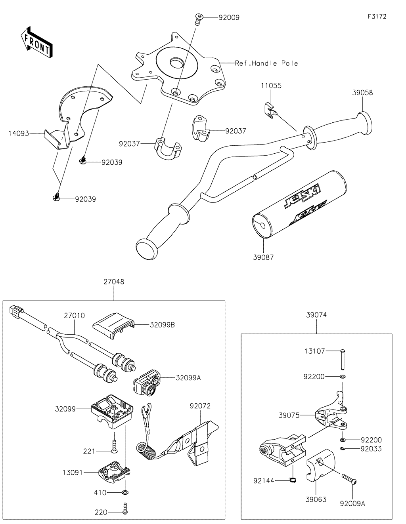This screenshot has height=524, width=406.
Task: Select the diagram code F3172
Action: coord(377,17)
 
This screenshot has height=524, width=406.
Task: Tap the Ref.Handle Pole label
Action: coord(266,63)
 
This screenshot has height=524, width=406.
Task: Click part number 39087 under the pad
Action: coord(263,257)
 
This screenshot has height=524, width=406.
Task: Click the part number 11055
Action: coord(271,86)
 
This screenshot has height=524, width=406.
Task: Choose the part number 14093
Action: coord(19,133)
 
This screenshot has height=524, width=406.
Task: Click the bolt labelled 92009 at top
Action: coord(198,18)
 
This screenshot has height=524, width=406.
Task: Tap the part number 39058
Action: coord(362,93)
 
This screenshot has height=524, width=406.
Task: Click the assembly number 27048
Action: coord(114,282)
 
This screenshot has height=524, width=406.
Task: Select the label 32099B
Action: coord(162,325)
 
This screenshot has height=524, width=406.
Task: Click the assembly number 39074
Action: coord(317,315)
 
